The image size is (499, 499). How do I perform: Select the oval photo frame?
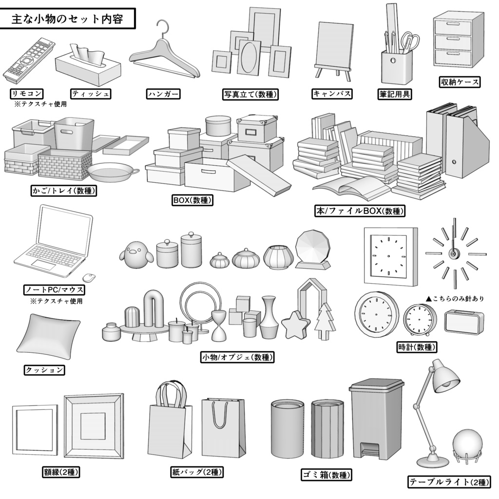coord(249,58)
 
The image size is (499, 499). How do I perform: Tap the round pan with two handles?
coord(110,172)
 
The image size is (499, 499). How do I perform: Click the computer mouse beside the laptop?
coord(89,278)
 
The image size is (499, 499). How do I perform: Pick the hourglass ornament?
coord(219,326)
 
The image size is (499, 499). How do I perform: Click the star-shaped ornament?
coord(296,326)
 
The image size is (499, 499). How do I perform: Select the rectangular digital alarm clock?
coord(463,323)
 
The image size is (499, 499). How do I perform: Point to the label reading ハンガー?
coord(163,94)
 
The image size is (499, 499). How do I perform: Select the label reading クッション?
coord(44,370)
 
